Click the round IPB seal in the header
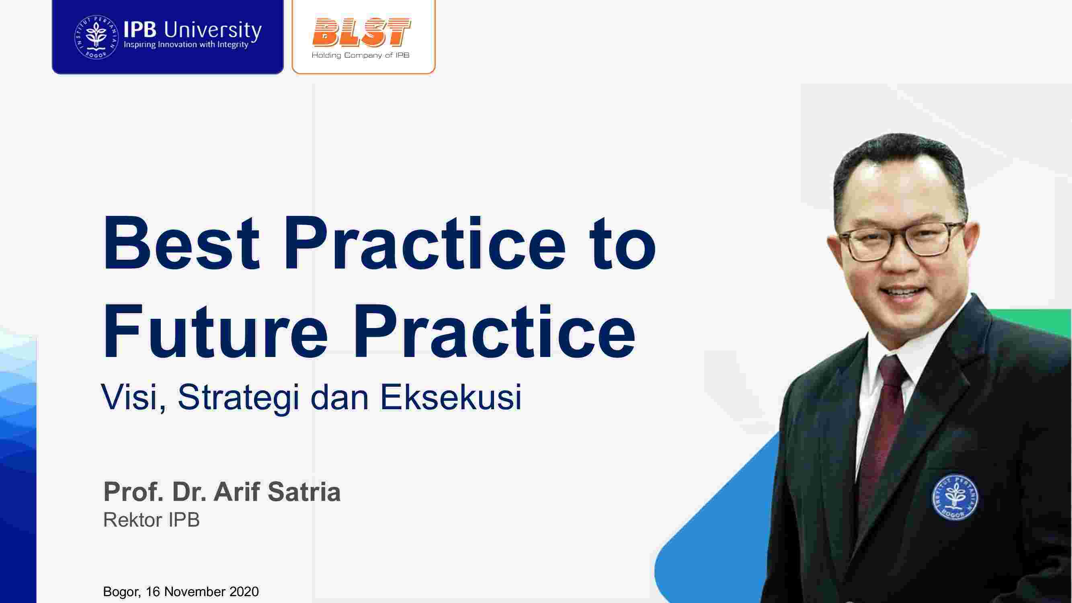(x=96, y=37)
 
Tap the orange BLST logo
(x=361, y=33)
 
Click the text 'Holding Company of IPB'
(x=361, y=55)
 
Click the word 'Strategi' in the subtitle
(x=239, y=398)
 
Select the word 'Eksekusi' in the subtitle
(x=451, y=397)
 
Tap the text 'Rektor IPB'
(x=152, y=520)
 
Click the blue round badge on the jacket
(x=955, y=498)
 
